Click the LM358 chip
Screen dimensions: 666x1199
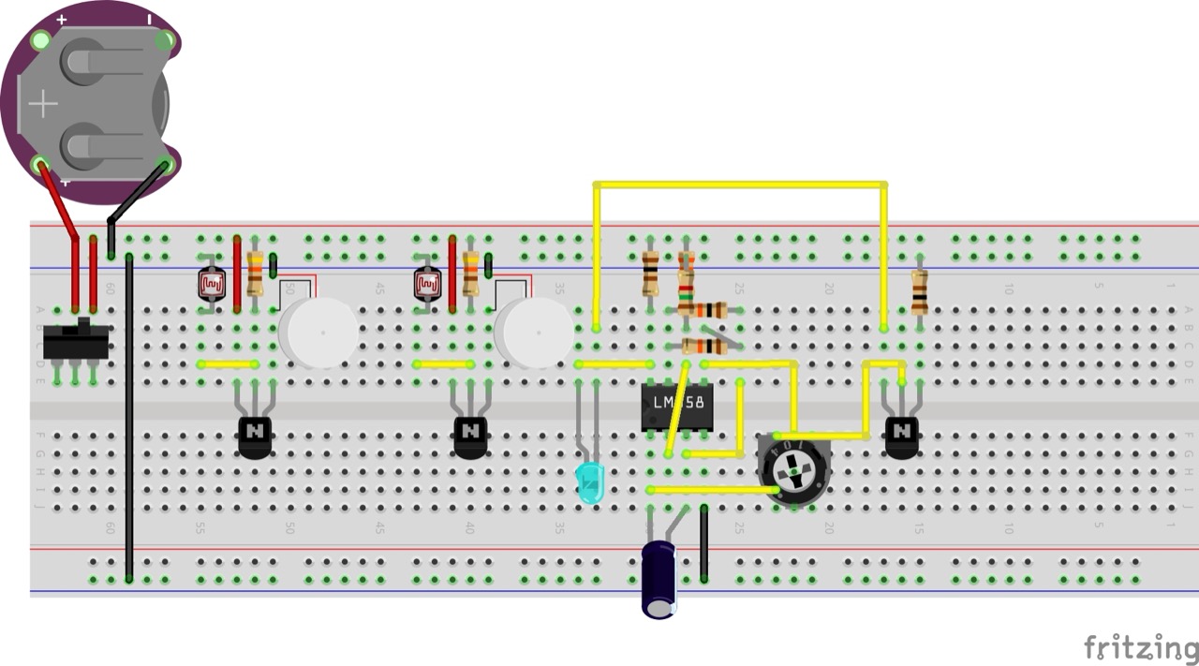point(677,407)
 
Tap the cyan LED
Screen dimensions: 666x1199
point(590,482)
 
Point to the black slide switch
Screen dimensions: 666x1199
point(76,342)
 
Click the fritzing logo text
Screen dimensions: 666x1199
point(1140,647)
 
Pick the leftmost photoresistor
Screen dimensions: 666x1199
point(213,282)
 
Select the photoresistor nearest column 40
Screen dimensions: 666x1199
point(428,282)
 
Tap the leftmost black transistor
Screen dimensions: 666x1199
point(255,436)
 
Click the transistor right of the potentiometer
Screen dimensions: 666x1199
point(901,436)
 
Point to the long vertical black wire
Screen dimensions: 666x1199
point(129,422)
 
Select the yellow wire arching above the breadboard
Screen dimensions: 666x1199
point(740,185)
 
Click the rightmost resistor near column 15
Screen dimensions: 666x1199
point(919,291)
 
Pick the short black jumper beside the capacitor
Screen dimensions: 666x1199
point(703,543)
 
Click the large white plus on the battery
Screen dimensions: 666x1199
point(43,103)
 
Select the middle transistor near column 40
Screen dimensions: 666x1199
point(470,436)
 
